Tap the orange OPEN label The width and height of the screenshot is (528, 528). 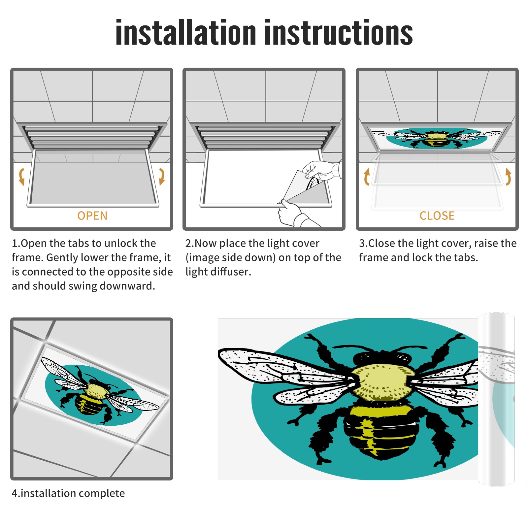coord(92,216)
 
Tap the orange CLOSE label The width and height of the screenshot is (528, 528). coord(437,216)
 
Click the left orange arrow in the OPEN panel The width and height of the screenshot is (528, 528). coord(22,177)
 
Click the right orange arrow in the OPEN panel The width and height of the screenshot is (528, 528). coord(162,177)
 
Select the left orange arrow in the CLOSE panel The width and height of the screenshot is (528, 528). coord(367,177)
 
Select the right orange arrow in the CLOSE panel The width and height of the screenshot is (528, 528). coord(508,177)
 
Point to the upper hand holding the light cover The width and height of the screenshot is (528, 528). coord(322,170)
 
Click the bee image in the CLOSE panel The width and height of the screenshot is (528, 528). coord(436,138)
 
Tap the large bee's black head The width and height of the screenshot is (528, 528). coord(383,358)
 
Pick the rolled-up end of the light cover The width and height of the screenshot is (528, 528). coord(496,399)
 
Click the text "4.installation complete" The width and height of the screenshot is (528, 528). coord(68,493)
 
